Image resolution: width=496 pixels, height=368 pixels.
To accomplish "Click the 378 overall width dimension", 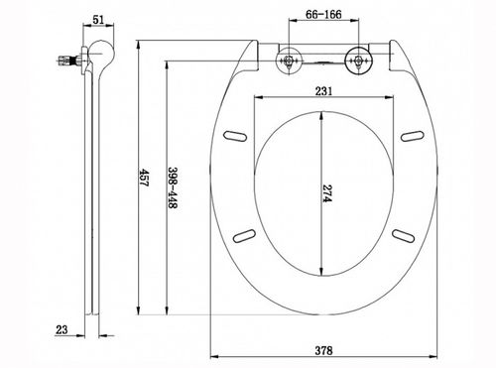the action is tap(323, 350).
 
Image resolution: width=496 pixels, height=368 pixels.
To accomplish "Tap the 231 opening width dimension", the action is tap(323, 91).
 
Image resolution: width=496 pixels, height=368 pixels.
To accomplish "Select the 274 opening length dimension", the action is tap(327, 193).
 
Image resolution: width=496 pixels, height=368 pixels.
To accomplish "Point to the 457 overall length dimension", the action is tap(145, 178).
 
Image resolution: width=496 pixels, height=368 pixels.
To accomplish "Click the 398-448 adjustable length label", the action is tap(173, 187).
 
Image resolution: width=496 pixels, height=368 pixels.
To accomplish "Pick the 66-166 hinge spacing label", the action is tap(323, 15).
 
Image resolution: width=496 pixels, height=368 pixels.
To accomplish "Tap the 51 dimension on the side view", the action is tap(98, 20).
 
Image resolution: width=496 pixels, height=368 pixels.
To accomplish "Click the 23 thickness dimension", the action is tap(62, 329).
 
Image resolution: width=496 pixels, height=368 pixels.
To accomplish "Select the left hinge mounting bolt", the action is tap(289, 61).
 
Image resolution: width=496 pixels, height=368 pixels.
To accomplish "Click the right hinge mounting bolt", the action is tap(358, 61).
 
